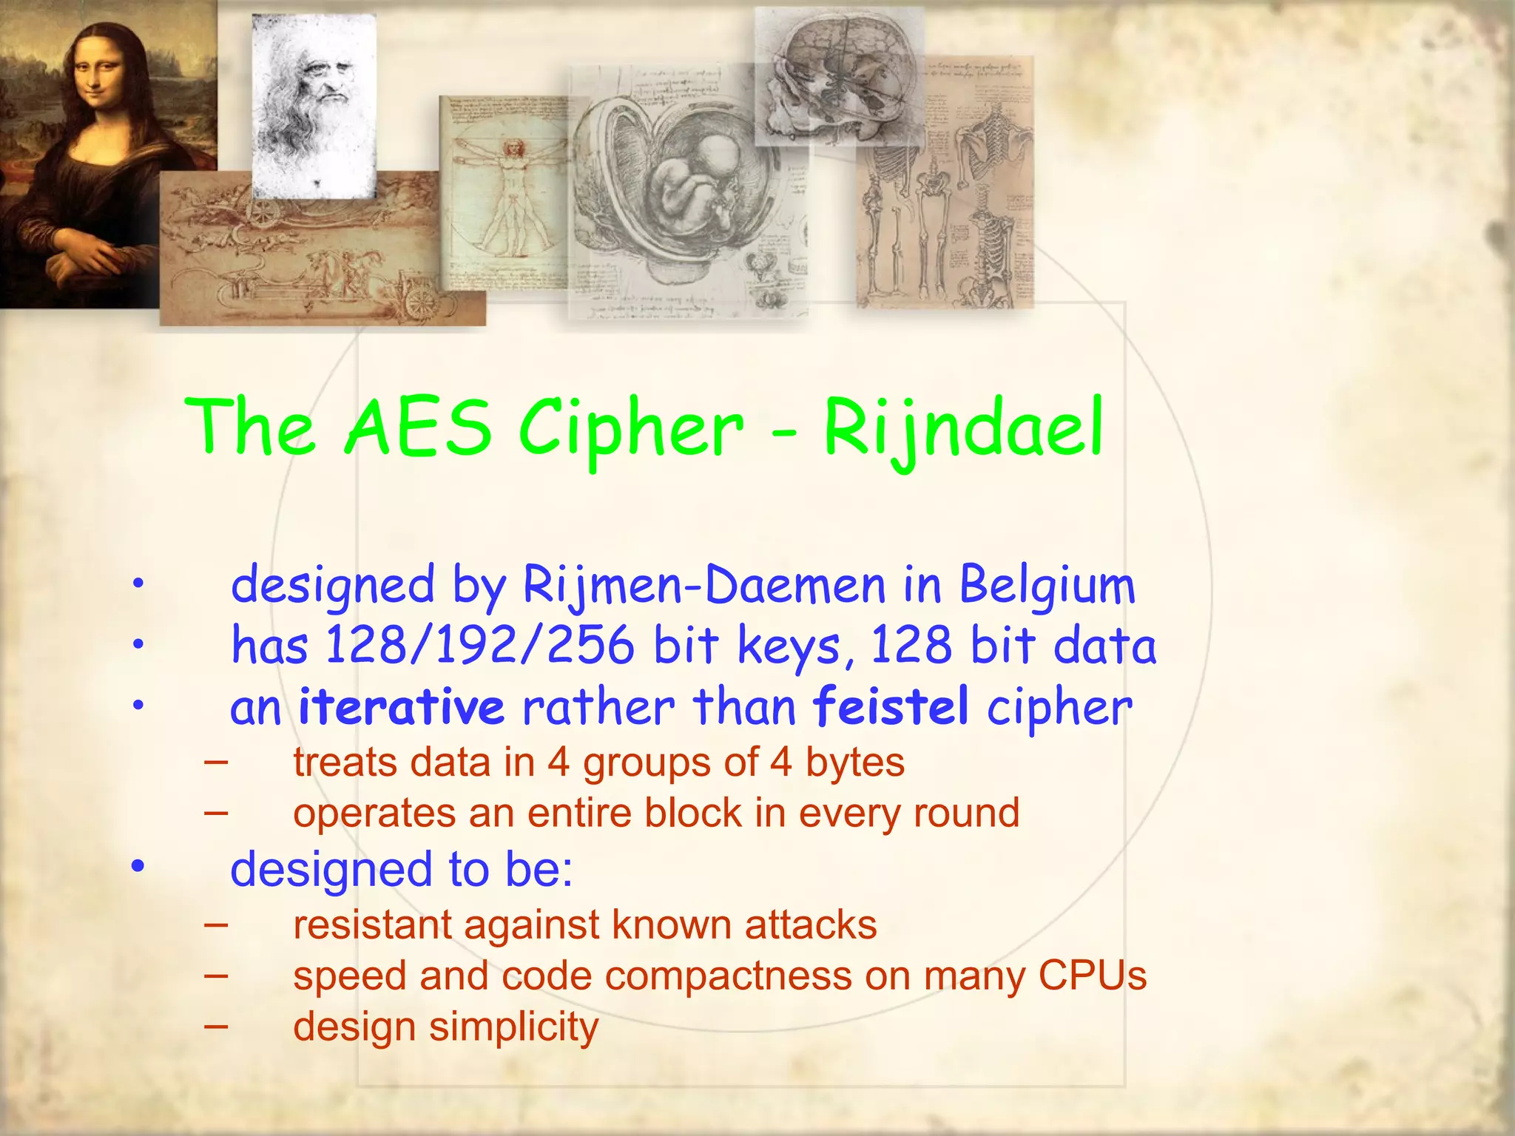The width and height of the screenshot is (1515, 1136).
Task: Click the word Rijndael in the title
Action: coord(963,429)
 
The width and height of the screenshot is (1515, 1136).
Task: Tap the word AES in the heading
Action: coord(417,429)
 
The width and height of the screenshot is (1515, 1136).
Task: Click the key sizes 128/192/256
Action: coord(479,646)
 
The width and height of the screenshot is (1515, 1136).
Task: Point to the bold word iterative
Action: coord(401,706)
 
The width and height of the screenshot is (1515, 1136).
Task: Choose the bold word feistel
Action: coord(891,706)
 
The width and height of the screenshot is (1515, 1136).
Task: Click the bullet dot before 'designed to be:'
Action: coord(138,867)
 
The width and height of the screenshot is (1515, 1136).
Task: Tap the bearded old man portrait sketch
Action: coord(314,104)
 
